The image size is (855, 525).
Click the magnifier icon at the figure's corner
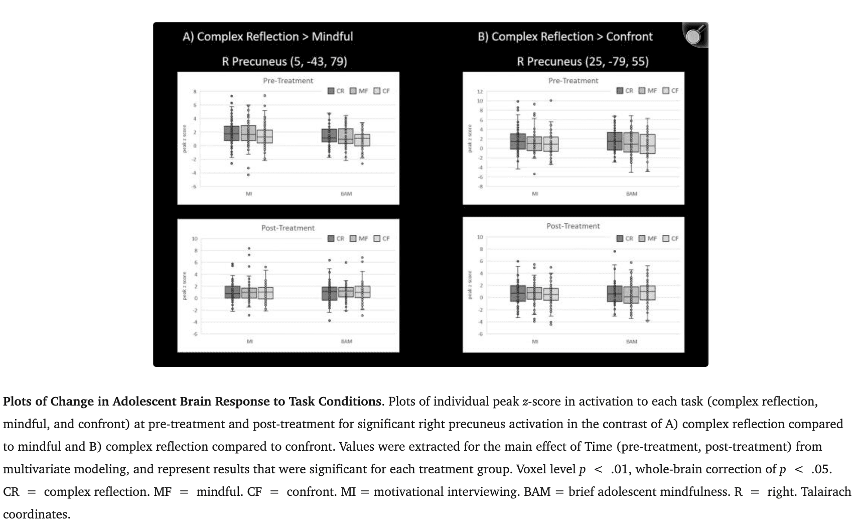click(694, 35)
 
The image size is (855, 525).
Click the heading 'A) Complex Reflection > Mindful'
click(267, 37)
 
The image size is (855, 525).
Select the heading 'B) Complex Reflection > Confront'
click(565, 37)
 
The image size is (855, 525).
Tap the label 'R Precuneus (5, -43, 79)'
click(284, 62)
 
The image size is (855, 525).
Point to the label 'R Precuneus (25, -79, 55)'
click(583, 62)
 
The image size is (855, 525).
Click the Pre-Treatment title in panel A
click(288, 81)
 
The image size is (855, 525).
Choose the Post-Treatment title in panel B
click(573, 226)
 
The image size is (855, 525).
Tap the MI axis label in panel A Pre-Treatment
click(248, 194)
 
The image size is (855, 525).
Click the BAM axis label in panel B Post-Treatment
click(631, 341)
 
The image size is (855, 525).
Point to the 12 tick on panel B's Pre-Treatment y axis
click(480, 92)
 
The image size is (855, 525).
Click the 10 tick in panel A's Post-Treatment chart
click(194, 238)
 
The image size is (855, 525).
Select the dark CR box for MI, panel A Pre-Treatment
click(231, 134)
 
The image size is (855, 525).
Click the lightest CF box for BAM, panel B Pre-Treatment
click(647, 144)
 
